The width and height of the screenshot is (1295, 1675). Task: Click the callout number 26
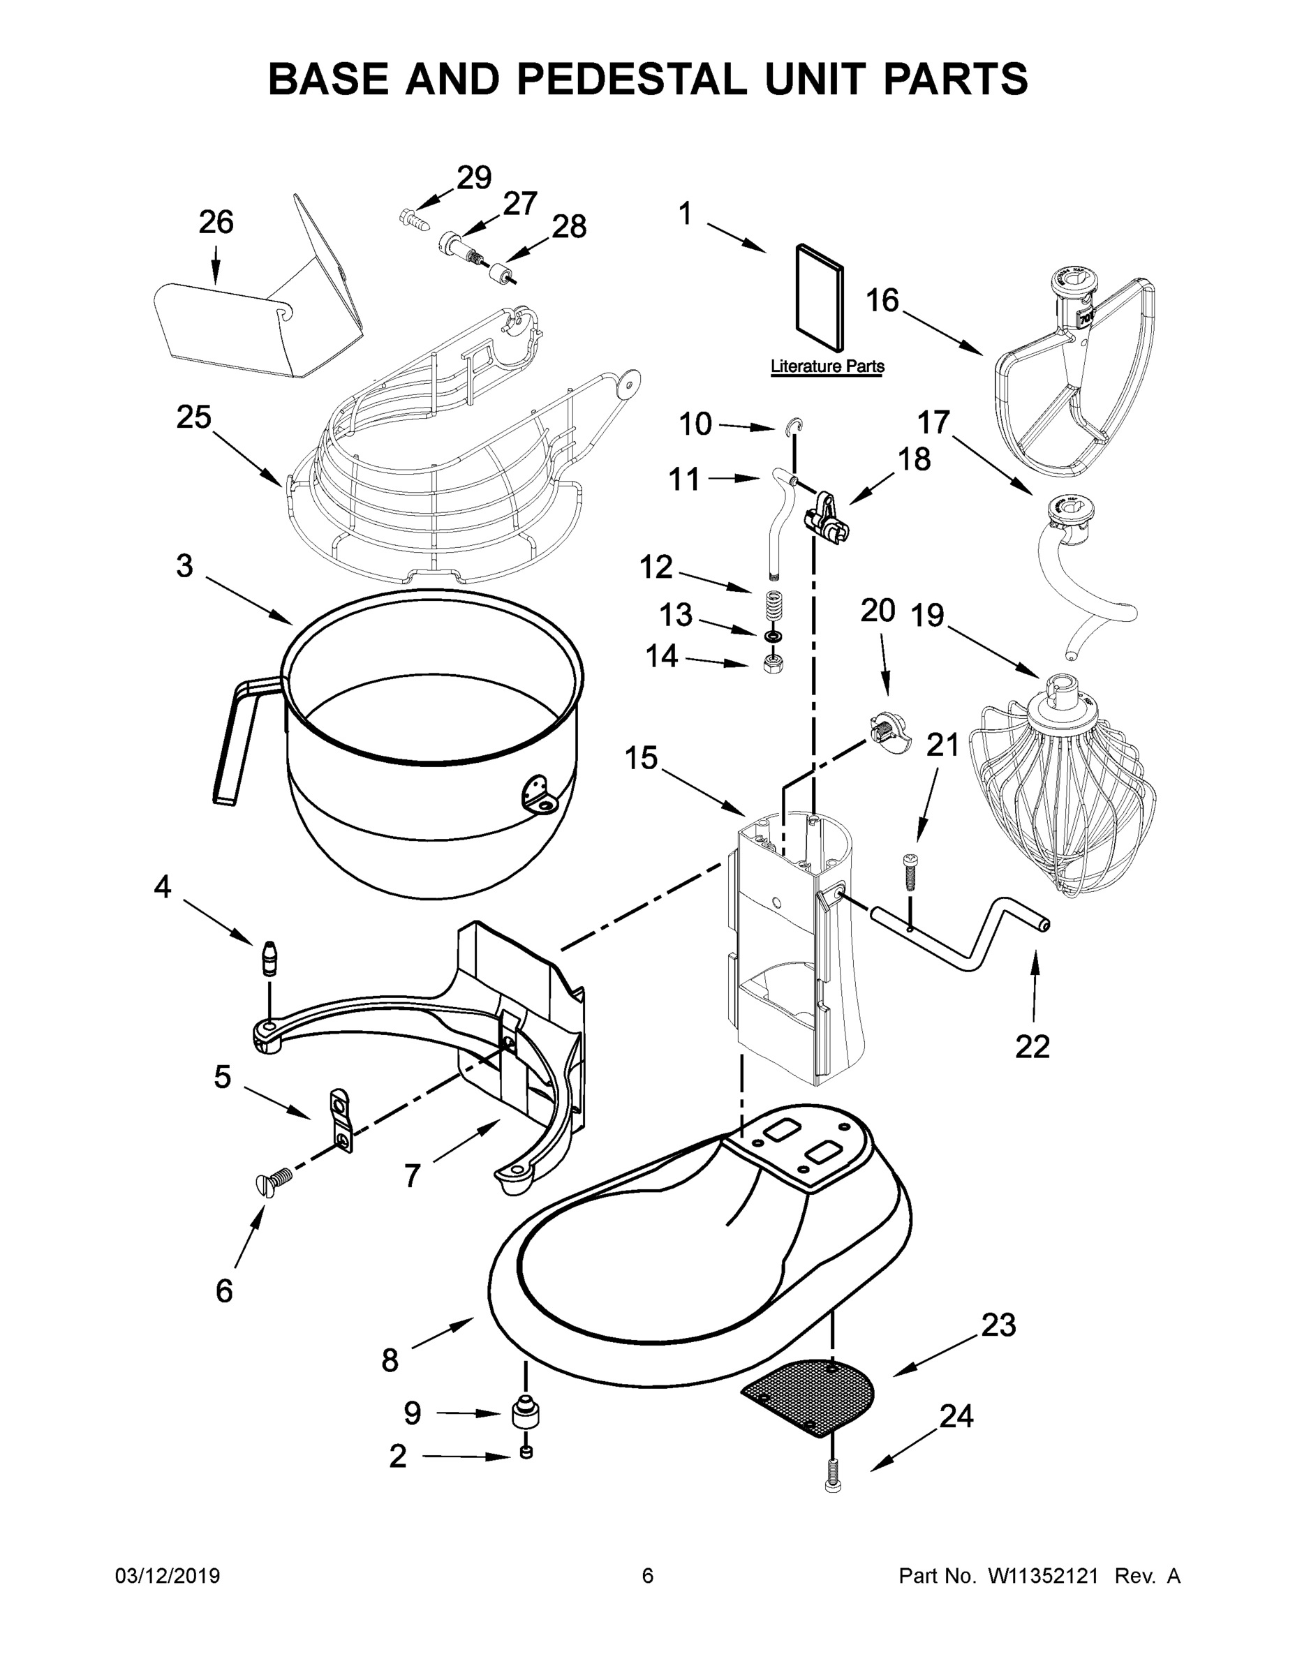pyautogui.click(x=216, y=223)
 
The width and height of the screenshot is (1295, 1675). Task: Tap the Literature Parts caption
pyautogui.click(x=827, y=366)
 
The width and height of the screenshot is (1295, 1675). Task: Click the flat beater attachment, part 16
pyautogui.click(x=1074, y=375)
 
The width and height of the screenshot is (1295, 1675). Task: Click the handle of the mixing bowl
pyautogui.click(x=238, y=736)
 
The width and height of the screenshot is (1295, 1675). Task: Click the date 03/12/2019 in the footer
pyautogui.click(x=168, y=1577)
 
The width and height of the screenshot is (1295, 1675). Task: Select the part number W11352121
pyautogui.click(x=1042, y=1577)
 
